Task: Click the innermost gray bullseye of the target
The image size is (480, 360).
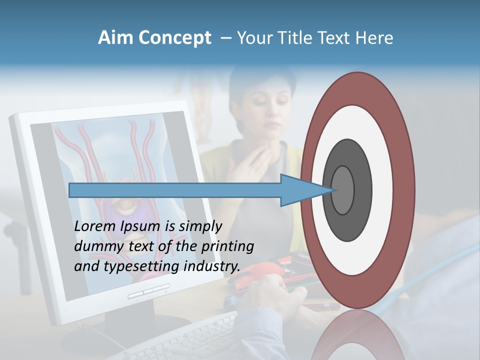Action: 343,190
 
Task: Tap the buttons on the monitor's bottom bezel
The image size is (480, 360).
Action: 148,292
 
